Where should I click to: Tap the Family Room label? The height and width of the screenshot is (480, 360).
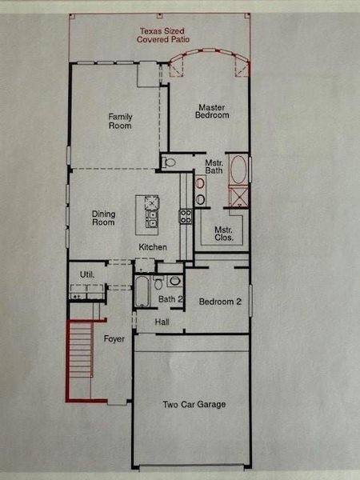[120, 121]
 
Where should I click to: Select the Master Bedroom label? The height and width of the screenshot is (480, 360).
[213, 111]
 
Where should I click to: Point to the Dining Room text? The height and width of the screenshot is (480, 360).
[103, 218]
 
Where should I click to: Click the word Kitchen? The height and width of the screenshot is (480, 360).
[152, 246]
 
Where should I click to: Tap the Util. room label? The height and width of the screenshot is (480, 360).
[86, 274]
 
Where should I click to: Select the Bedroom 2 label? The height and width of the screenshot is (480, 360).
[220, 302]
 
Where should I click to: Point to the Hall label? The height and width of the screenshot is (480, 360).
[162, 322]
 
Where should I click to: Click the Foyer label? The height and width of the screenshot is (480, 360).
[115, 339]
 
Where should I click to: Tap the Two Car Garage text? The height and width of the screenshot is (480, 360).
[194, 405]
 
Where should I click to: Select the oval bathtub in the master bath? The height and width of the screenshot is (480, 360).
[238, 170]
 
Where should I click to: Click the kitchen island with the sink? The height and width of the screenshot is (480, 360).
[150, 210]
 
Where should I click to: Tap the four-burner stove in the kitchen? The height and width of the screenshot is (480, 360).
[185, 214]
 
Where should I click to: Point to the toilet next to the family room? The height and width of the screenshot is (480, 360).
[169, 162]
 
